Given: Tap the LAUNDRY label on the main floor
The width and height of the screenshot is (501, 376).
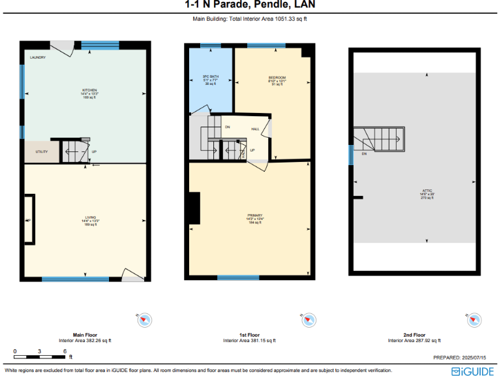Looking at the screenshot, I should click(38, 57).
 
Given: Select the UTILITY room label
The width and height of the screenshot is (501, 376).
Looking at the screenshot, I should click(41, 151).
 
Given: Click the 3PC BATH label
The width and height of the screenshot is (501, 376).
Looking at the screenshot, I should click(210, 76).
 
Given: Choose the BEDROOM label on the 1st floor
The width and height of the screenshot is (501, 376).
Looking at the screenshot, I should click(277, 77).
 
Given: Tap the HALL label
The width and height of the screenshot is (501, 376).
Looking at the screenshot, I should click(256, 129).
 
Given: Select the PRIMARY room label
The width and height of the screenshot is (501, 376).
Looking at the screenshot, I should click(254, 215).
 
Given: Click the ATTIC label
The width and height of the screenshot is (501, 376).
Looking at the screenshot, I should click(427, 192).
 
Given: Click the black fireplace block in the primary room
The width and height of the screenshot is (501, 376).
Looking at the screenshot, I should click(193, 210).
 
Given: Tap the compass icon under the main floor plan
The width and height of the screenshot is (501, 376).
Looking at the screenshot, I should click(144, 320).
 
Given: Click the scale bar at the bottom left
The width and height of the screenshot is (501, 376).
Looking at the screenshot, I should click(39, 356).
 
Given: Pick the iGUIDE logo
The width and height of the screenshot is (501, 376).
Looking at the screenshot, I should click(472, 370).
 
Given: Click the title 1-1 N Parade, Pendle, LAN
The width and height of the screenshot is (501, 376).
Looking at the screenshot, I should click(250, 6).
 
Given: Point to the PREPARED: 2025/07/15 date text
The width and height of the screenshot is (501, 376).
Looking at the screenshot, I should click(462, 357).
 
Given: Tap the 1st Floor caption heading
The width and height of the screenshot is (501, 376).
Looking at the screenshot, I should click(250, 334).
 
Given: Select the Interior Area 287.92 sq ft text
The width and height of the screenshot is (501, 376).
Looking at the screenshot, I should click(414, 340).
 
